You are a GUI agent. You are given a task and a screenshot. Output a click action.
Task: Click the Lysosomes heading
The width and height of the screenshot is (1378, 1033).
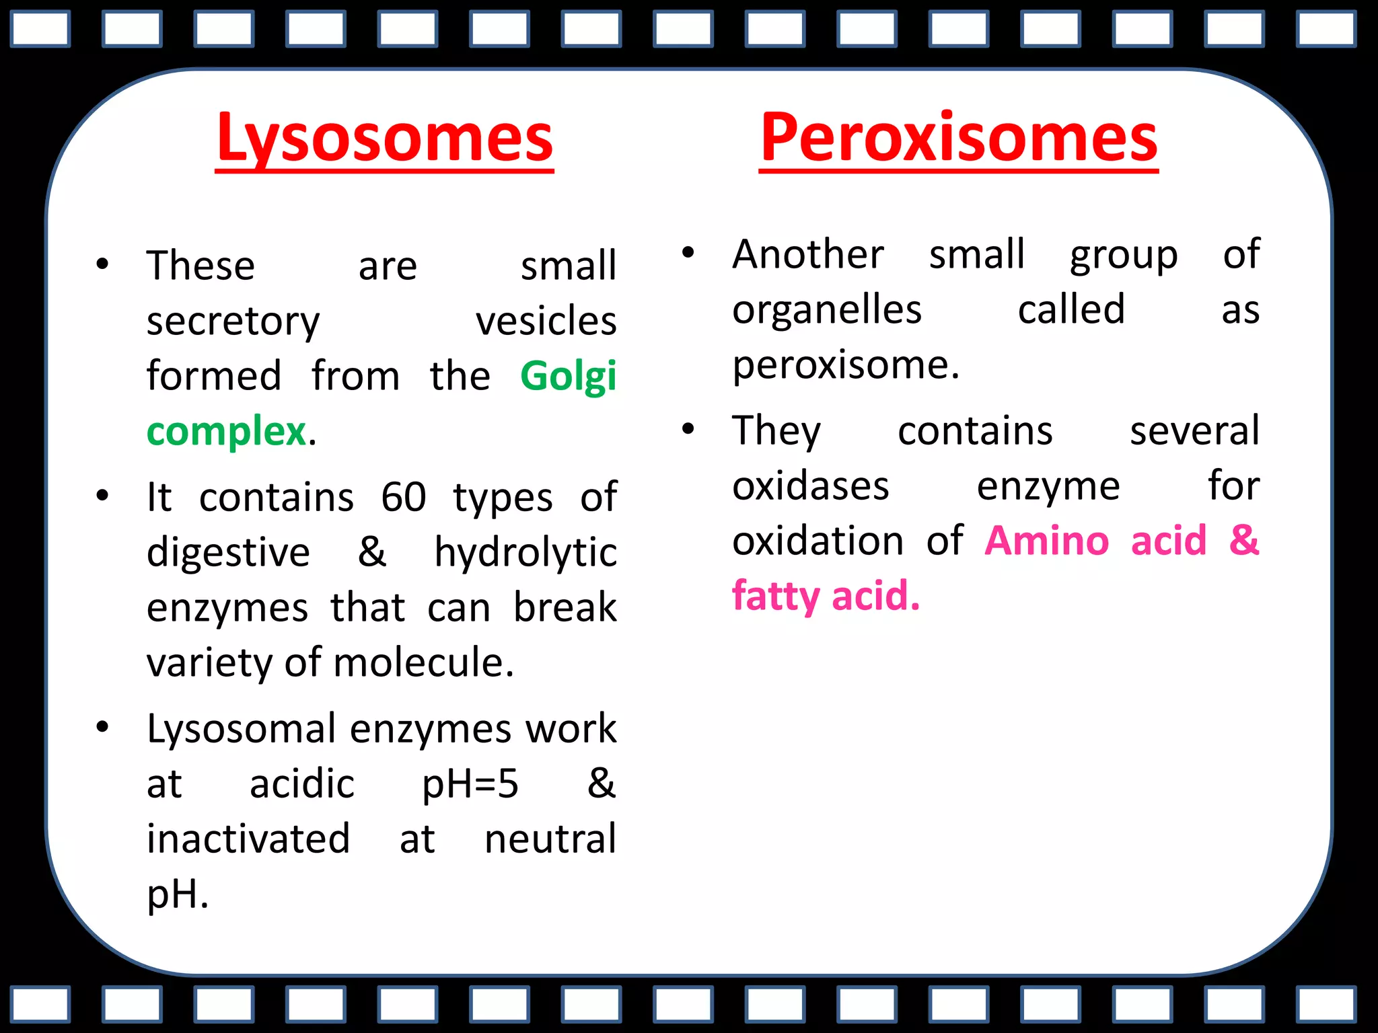384,139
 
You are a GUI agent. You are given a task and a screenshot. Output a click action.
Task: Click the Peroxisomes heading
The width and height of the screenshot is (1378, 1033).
958,139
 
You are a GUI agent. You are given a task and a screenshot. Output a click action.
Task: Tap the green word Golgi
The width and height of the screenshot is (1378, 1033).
568,377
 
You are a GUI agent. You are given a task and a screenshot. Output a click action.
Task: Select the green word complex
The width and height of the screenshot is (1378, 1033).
227,432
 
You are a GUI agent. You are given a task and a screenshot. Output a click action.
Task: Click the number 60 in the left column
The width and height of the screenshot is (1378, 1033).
404,498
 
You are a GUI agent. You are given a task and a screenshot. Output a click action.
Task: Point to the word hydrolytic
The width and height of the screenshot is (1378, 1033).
525,553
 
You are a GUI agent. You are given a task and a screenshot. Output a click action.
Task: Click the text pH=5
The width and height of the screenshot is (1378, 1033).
470,785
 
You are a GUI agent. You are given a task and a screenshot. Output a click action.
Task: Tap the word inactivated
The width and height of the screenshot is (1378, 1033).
248,839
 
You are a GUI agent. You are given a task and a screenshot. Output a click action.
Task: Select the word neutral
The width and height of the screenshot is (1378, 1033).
550,839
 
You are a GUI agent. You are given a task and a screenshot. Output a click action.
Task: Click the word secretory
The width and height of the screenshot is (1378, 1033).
233,322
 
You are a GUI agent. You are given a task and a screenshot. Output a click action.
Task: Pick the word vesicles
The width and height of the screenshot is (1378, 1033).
546,321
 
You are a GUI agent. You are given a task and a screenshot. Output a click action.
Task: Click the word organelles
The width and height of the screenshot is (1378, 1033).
827,311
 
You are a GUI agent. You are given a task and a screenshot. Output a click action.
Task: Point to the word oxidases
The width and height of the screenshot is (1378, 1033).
811,486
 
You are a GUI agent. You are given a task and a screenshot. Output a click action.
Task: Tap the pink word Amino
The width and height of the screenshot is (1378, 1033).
1047,541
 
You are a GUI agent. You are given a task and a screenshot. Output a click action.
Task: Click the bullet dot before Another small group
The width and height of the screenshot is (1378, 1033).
688,253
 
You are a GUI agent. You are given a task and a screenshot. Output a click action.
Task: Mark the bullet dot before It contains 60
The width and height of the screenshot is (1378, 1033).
102,496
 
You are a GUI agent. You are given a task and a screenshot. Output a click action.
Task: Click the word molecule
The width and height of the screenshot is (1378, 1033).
424,663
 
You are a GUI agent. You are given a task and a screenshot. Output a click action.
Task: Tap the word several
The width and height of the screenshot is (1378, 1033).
1194,431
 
